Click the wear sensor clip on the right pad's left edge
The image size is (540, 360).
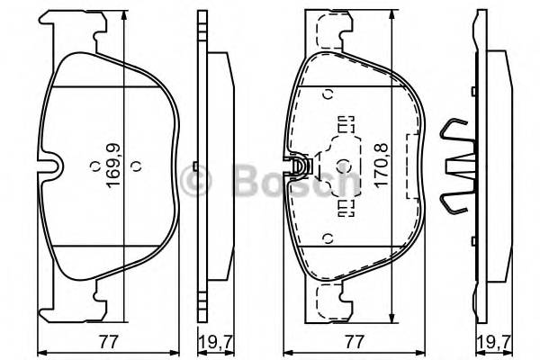pyautogui.click(x=300, y=166)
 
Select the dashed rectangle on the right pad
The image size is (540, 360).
pyautogui.click(x=415, y=166)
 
